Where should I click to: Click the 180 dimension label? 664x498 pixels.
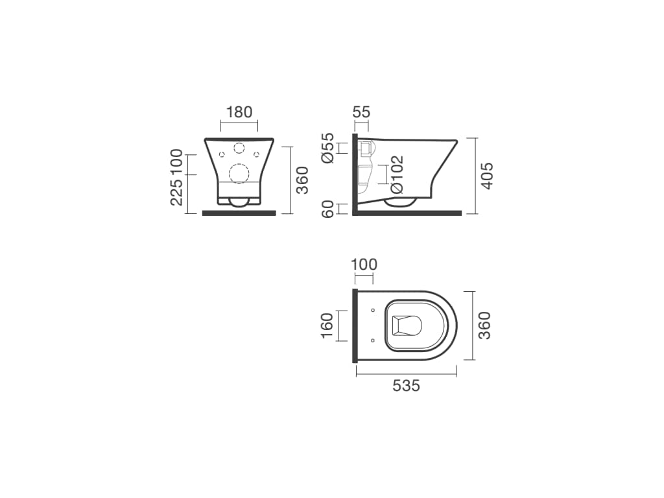tap(239, 112)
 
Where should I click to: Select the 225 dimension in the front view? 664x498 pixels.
tap(176, 192)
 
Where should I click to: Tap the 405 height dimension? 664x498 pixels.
tap(488, 176)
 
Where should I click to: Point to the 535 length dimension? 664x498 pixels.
tap(406, 386)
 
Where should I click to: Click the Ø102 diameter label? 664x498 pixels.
tap(397, 175)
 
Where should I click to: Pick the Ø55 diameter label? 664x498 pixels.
tap(327, 148)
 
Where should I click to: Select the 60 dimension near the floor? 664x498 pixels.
tap(328, 209)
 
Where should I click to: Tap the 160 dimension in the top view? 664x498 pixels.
tap(327, 326)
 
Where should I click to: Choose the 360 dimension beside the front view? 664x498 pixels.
tap(302, 180)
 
